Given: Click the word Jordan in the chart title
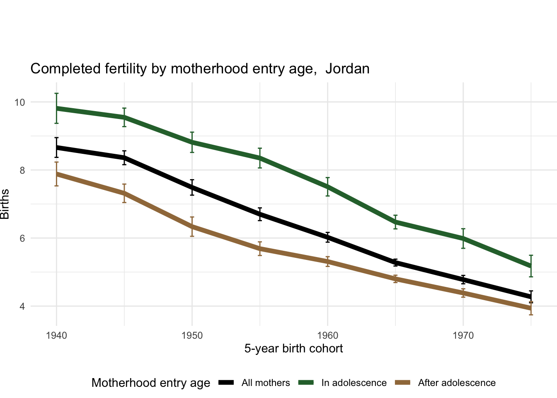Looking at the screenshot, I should [x=347, y=69].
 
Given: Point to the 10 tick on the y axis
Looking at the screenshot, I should [x=19, y=102].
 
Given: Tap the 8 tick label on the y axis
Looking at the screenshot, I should [x=22, y=170].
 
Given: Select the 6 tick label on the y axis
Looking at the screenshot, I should [x=22, y=238].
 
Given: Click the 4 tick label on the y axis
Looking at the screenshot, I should [x=22, y=306].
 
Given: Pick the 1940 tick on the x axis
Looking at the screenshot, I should [x=56, y=335].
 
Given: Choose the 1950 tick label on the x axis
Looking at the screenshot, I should [x=192, y=335].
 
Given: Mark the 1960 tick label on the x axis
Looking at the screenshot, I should [x=327, y=335].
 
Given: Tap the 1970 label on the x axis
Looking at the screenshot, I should [x=463, y=335].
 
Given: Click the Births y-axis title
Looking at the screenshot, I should [x=5, y=204].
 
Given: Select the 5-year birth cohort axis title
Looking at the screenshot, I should [x=293, y=349].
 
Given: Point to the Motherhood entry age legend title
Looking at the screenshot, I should [x=151, y=383].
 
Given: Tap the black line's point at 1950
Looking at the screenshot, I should [x=192, y=187].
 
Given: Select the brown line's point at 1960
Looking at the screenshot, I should [x=327, y=262].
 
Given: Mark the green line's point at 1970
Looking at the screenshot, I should [x=463, y=238].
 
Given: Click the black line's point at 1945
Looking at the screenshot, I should [x=124, y=158].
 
